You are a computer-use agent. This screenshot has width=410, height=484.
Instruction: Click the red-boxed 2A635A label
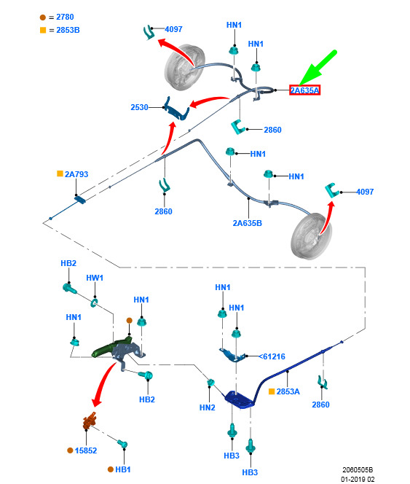304,90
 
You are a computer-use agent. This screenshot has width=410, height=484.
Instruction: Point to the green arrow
318,68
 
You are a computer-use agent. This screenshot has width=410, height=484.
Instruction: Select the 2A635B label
247,223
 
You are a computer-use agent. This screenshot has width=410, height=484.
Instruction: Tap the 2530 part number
139,107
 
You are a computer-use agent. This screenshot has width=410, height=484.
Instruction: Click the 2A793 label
76,174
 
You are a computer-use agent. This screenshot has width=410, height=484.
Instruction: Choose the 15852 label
86,450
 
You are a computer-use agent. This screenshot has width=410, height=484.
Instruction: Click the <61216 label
272,356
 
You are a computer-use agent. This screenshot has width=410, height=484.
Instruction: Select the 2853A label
288,391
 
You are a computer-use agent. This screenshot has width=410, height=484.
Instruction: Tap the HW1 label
95,278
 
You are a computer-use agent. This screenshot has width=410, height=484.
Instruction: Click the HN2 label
208,407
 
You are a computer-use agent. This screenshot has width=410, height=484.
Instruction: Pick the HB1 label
123,469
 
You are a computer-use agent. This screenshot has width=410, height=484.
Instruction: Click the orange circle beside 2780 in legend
43,17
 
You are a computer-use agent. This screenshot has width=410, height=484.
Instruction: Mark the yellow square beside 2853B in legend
43,30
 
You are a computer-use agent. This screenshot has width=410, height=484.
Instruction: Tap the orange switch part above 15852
90,421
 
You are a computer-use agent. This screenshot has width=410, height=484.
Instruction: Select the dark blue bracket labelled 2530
176,109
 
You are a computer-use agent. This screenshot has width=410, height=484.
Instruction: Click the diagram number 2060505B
358,470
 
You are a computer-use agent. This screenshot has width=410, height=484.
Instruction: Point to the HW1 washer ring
93,302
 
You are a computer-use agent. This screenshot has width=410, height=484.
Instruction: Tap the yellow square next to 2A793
60,173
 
